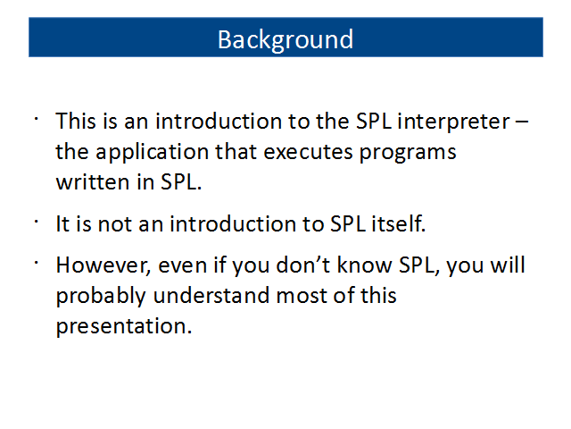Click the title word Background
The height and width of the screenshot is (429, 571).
285,40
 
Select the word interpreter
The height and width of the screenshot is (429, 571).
453,122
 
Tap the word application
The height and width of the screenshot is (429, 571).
152,153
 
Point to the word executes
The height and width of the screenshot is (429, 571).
308,152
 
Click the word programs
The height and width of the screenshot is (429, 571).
408,153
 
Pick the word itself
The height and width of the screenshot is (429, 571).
399,223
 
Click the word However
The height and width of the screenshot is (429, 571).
103,265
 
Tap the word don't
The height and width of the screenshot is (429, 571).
303,265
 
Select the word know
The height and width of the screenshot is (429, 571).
364,265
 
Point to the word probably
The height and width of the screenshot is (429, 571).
101,297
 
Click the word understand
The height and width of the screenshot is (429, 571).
211,296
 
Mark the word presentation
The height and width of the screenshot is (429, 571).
124,326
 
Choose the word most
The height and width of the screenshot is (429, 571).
302,296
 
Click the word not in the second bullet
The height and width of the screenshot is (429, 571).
115,224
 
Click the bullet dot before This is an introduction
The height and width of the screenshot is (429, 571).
36,118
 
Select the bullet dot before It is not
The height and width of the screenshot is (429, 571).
36,221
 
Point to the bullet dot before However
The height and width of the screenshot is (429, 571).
36,262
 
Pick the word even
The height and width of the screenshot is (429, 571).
182,265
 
